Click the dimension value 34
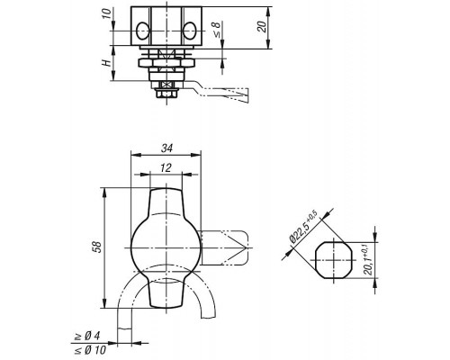(166, 148)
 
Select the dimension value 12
(166, 168)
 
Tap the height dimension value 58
(98, 247)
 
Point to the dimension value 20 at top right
(262, 27)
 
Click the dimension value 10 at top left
(106, 13)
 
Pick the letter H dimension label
(106, 63)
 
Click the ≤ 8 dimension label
(216, 30)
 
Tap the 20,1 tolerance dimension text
(368, 260)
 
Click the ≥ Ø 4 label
(87, 337)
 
